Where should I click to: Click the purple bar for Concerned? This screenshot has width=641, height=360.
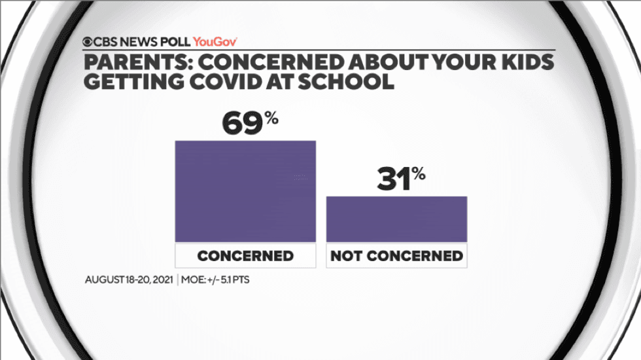[245, 191]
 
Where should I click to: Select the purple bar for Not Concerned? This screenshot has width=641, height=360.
[396, 219]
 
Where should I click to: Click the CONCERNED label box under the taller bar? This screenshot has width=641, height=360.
[245, 255]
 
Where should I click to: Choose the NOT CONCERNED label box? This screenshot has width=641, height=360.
[396, 255]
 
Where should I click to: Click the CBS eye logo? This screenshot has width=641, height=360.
[88, 41]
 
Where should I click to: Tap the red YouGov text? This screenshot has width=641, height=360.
[215, 41]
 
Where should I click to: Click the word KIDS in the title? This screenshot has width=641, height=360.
[527, 63]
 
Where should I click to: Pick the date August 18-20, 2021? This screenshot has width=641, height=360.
[128, 279]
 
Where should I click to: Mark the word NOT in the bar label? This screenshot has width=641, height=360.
[346, 255]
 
